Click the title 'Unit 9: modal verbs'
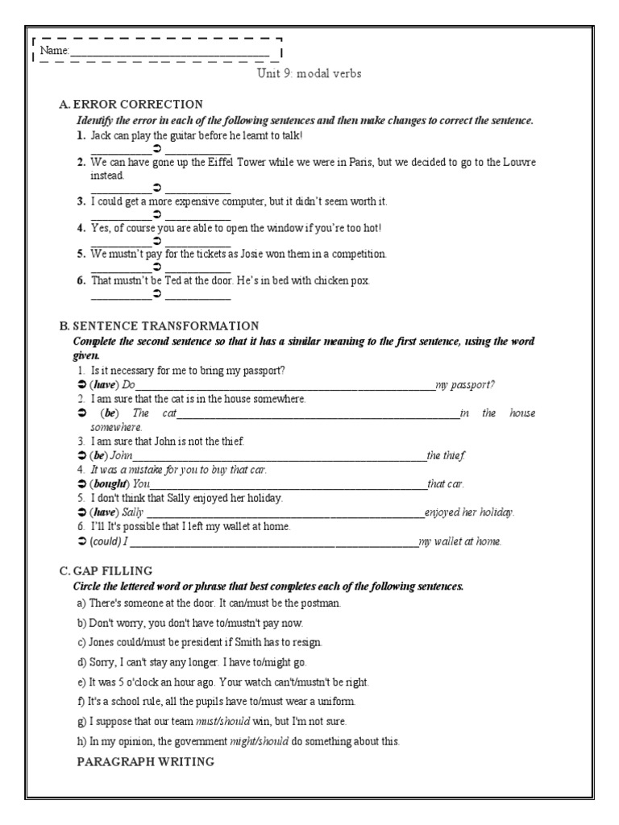click(308, 73)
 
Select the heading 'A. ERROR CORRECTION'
click(131, 104)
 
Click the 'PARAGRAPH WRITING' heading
click(145, 761)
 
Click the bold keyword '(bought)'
click(109, 484)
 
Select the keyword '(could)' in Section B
click(106, 541)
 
